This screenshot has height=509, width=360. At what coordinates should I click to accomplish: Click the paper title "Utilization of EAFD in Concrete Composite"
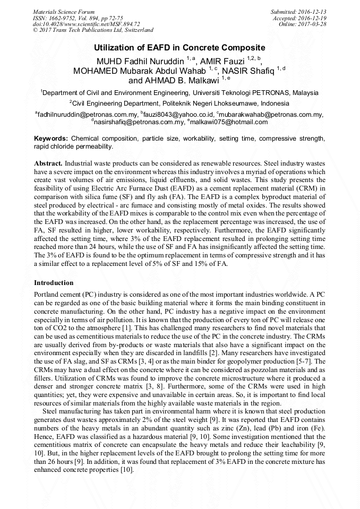pyautogui.click(x=179, y=48)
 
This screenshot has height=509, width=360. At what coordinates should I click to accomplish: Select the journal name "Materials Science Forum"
pyautogui.click(x=64, y=12)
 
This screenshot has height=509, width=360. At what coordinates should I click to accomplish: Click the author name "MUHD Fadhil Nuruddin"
pyautogui.click(x=139, y=60)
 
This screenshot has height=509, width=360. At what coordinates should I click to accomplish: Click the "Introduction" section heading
pyautogui.click(x=54, y=282)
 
